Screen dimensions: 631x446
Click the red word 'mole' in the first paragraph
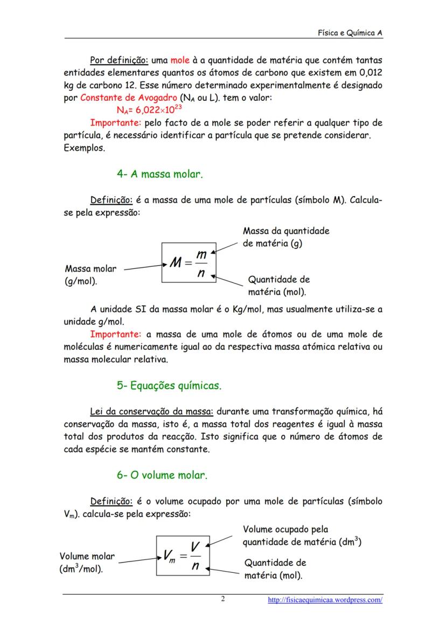[x=179, y=60]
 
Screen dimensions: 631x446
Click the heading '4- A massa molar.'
[x=159, y=174]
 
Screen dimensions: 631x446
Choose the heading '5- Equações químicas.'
[x=169, y=386]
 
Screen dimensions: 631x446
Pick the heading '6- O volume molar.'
[x=162, y=475]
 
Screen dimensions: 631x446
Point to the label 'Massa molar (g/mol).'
[x=90, y=275]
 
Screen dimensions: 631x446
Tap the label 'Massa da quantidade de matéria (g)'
[x=286, y=237]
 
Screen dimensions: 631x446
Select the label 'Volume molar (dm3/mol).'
[x=87, y=563]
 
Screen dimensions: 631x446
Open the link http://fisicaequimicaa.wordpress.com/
[x=325, y=600]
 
